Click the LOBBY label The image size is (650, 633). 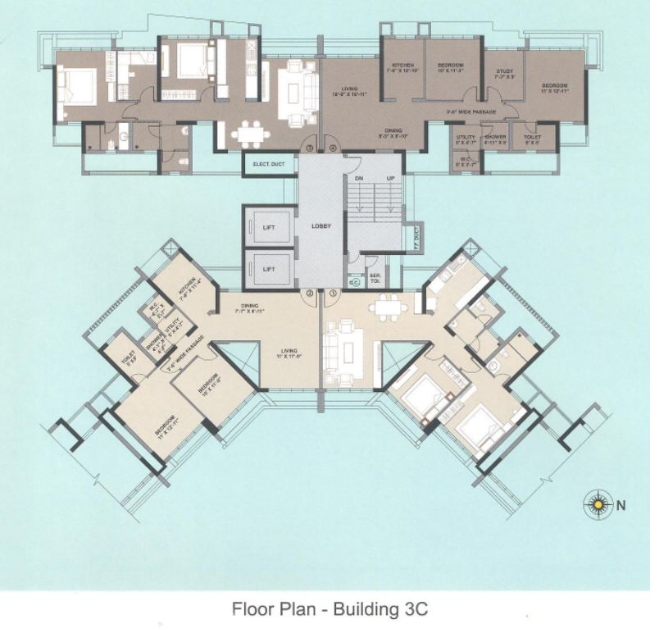point(321,225)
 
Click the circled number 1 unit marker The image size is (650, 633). point(334,293)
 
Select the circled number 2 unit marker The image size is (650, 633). point(310,293)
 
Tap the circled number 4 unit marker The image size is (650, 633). point(333,148)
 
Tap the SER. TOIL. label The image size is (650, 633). point(375,279)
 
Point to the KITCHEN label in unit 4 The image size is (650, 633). point(402,66)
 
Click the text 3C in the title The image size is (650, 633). point(411,609)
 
